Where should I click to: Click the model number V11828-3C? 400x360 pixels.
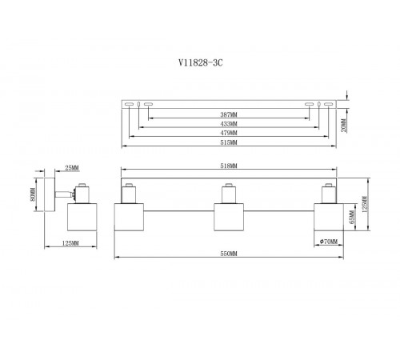coord(200,63)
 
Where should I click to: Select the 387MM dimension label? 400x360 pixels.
coord(229,114)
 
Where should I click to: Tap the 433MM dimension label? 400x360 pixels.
coord(229,124)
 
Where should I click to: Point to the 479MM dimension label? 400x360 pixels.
coord(229,133)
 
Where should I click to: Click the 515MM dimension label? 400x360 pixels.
coord(229,142)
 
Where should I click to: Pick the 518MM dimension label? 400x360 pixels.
coord(229,166)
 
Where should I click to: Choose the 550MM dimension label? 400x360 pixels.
coord(229,254)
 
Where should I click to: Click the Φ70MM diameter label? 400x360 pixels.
coord(329,242)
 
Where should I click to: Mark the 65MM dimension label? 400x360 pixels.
coord(352,217)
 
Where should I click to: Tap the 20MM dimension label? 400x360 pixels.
coord(344,126)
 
